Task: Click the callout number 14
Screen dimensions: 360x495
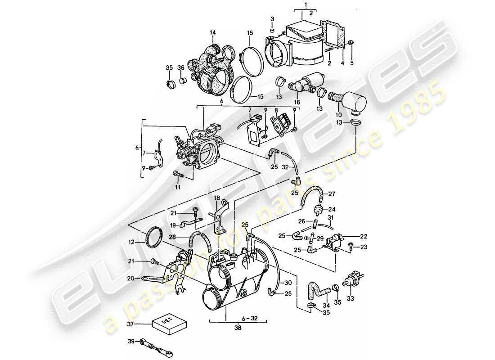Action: pyautogui.click(x=213, y=32)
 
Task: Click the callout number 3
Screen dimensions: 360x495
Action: pyautogui.click(x=272, y=18)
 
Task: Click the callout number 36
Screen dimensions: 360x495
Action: pyautogui.click(x=181, y=67)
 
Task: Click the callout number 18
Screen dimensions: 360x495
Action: pyautogui.click(x=216, y=198)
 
